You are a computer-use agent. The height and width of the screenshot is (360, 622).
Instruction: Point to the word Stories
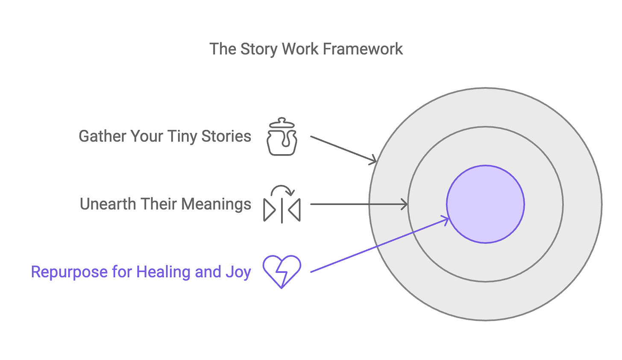pos(226,136)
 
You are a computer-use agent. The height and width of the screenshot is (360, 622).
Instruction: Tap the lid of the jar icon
pos(282,123)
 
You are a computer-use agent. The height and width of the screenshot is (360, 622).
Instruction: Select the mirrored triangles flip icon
pos(282,209)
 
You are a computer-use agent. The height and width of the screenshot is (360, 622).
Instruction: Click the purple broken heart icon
pos(282,271)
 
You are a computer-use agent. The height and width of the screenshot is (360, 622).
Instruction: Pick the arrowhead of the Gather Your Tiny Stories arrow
pos(374,161)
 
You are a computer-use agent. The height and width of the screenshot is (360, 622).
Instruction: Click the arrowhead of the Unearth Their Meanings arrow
pos(405,204)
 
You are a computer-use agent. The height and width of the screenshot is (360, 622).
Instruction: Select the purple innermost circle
pos(485,204)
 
